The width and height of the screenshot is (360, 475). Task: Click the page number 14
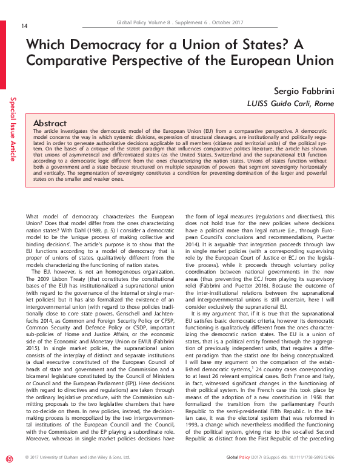tap(24, 25)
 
